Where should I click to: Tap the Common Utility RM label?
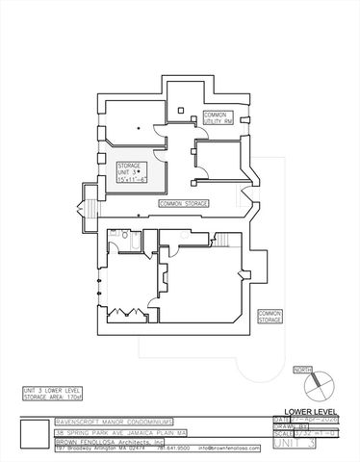(x=215, y=117)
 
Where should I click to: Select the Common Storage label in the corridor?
(x=182, y=204)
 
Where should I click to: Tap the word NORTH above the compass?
(x=302, y=370)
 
